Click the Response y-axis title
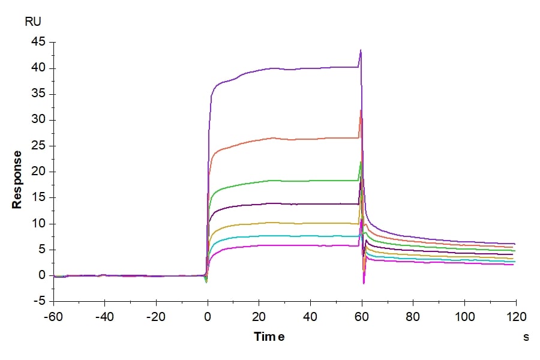click(17, 179)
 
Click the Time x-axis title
click(269, 337)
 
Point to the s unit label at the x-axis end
click(526, 337)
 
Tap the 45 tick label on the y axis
click(39, 42)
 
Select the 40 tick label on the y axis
click(39, 68)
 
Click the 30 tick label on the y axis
click(39, 120)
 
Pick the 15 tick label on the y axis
click(39, 198)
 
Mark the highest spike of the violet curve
click(361, 50)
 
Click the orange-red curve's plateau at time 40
click(310, 139)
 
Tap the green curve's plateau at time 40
click(310, 181)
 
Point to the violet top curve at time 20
click(259, 70)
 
